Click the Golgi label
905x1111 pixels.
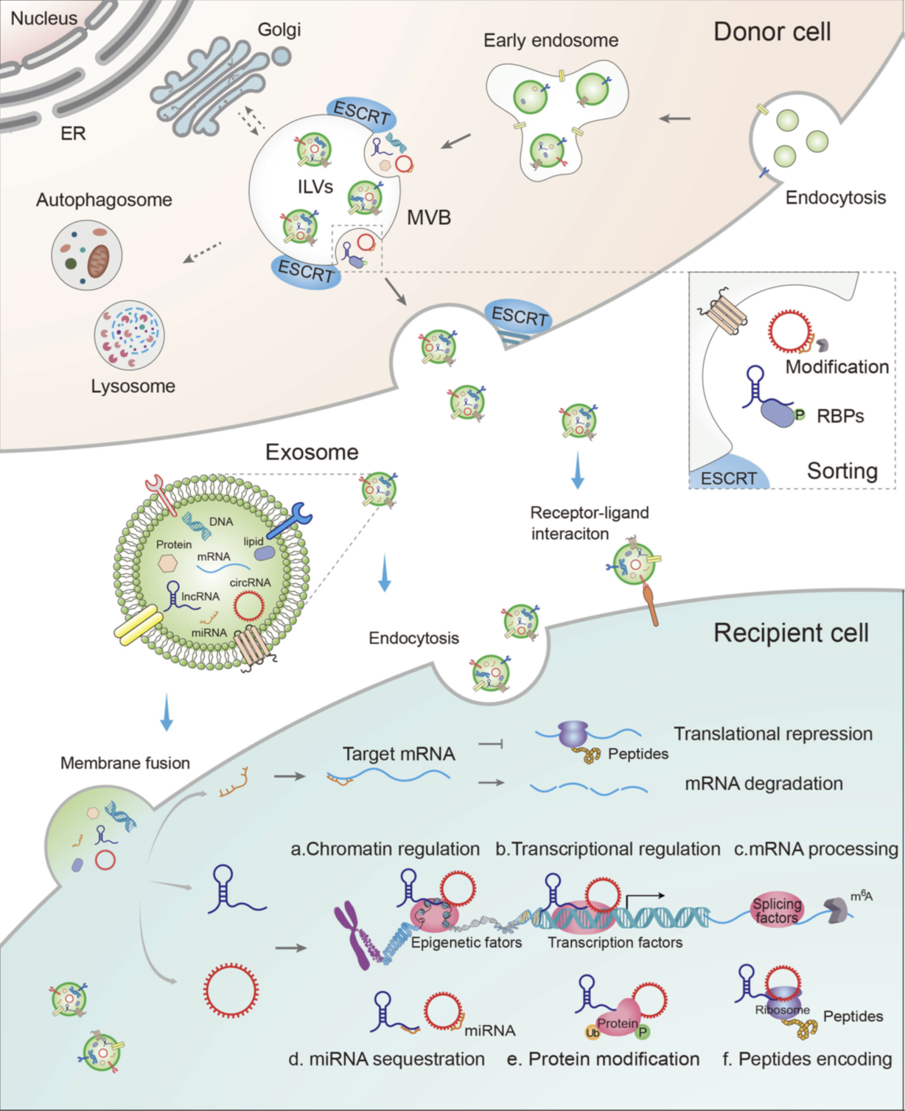(279, 29)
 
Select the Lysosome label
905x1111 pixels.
(133, 386)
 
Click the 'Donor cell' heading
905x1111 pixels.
(772, 32)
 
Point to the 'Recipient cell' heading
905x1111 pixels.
(791, 633)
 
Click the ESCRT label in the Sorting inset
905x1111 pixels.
(728, 478)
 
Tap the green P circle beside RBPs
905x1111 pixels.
(799, 415)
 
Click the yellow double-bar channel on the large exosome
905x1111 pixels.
(139, 624)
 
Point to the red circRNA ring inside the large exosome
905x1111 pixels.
(248, 606)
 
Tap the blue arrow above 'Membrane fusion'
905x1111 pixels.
(167, 712)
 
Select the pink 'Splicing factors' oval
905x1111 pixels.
(777, 910)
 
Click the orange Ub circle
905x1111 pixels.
(593, 1033)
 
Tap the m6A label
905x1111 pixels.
(862, 896)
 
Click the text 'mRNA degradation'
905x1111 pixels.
(764, 784)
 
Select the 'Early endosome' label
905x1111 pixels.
(551, 41)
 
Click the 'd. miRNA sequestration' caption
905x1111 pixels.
(386, 1059)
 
